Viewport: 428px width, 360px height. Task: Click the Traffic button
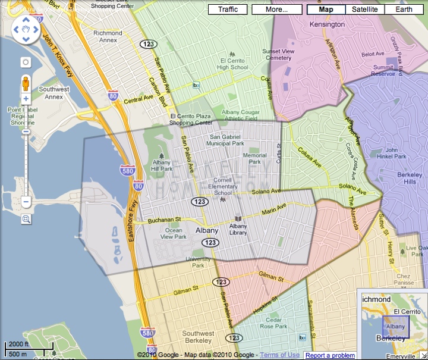[228, 10]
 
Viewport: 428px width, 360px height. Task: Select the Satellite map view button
[365, 10]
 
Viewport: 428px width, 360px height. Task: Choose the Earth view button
[404, 10]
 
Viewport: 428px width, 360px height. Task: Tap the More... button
[276, 10]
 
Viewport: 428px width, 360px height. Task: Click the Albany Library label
[238, 229]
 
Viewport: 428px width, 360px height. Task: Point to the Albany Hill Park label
[162, 165]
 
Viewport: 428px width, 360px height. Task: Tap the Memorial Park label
[254, 158]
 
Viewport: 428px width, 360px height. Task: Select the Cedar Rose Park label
[273, 323]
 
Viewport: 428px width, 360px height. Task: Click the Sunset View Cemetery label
[278, 55]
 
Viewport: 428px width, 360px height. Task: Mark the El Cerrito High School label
[232, 64]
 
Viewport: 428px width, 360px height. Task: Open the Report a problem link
[330, 355]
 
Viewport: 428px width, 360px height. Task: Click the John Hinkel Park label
[395, 153]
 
